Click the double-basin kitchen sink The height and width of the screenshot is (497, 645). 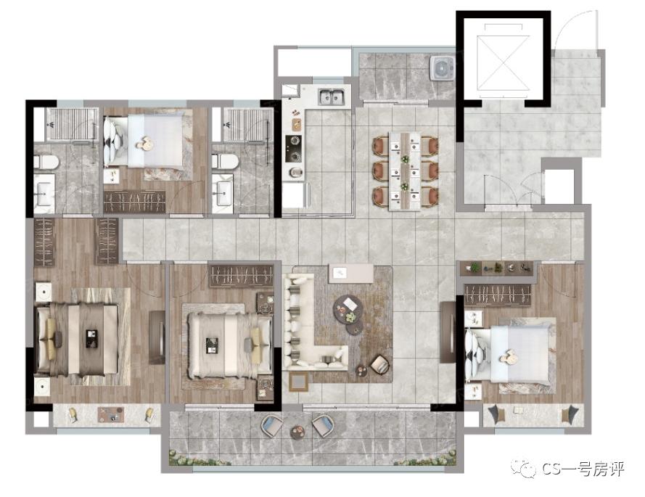(x=331, y=97)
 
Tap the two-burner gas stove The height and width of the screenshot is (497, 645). (x=294, y=148)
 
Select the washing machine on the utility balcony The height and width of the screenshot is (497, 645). (x=442, y=67)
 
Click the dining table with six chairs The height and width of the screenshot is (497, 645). (x=405, y=171)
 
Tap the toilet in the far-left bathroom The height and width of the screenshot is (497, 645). (x=46, y=162)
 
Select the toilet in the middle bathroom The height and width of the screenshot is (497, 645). (x=225, y=161)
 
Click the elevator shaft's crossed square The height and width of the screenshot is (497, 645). (x=503, y=62)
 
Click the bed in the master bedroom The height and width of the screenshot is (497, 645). (x=78, y=340)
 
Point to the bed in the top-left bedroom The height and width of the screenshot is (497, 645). (x=143, y=140)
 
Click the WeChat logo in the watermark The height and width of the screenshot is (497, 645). (x=523, y=469)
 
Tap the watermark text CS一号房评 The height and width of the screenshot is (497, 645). (x=583, y=469)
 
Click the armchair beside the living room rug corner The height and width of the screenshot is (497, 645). (x=379, y=365)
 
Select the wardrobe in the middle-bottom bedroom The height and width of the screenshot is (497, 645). (x=242, y=275)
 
